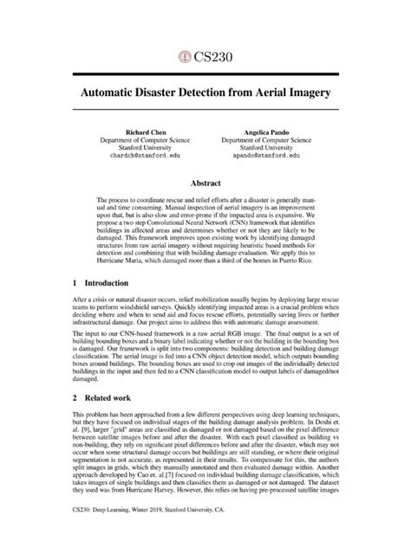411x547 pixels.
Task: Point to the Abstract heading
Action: (x=205, y=183)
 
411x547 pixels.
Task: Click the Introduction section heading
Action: (x=98, y=282)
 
